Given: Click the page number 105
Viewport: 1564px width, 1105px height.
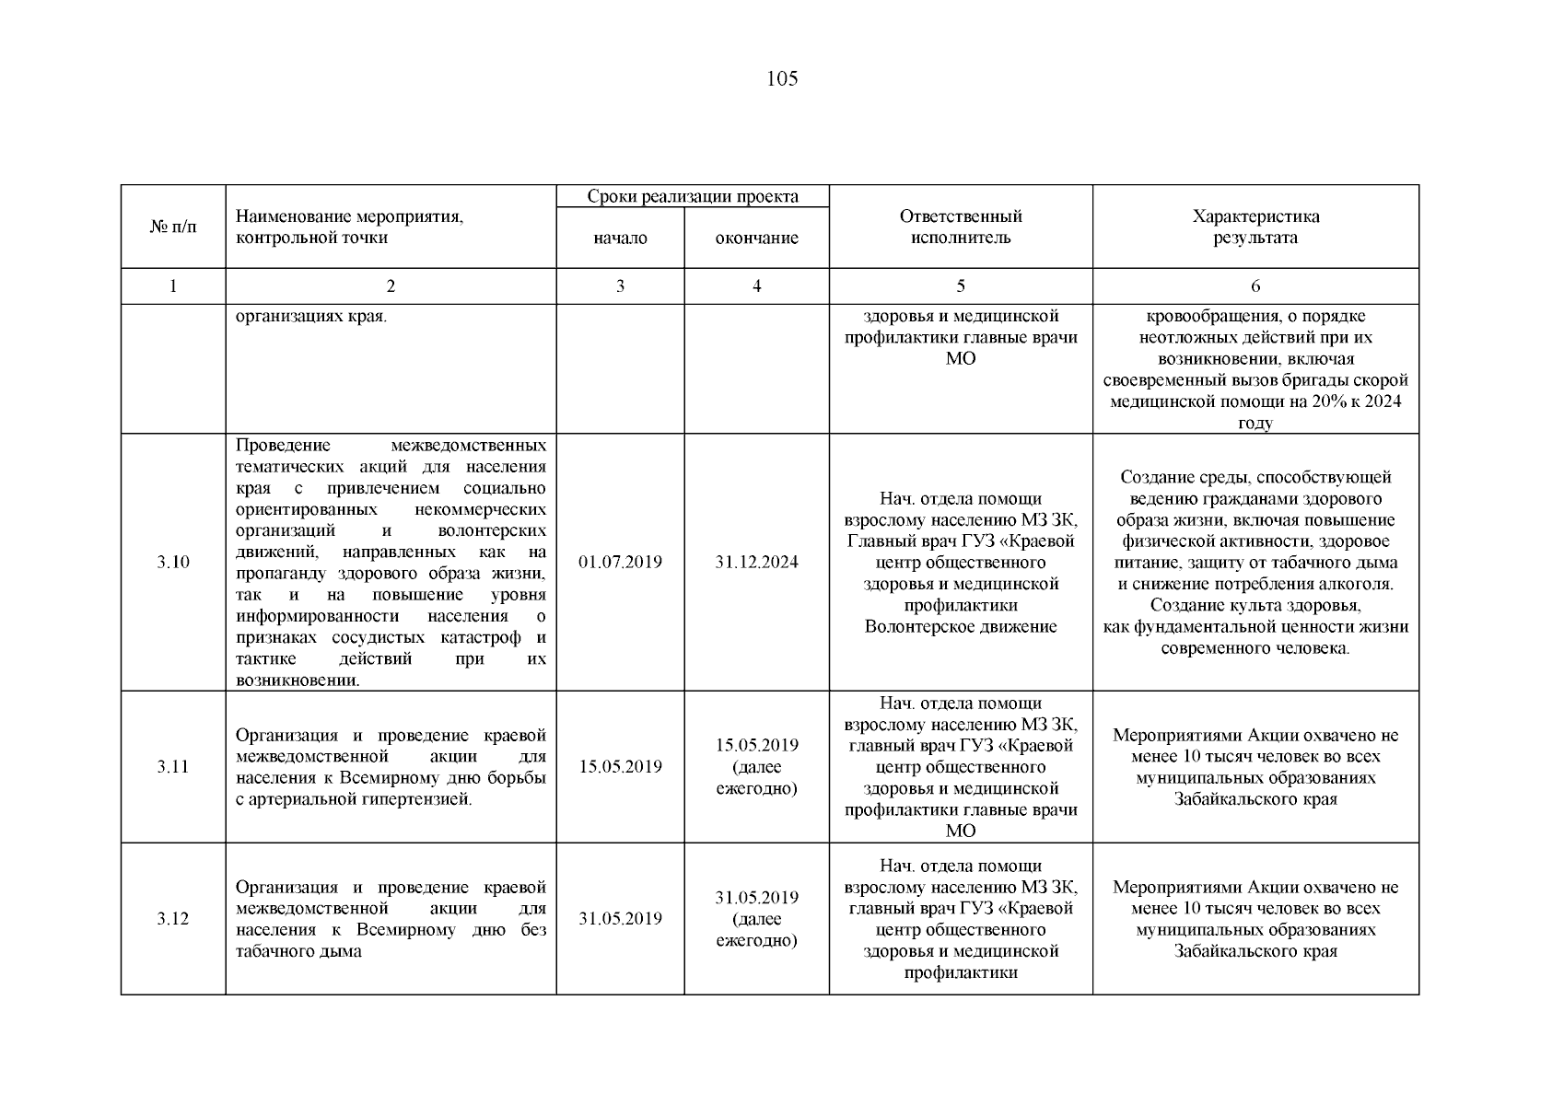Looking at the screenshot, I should (x=781, y=79).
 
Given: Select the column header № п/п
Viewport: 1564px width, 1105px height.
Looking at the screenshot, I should (x=173, y=227).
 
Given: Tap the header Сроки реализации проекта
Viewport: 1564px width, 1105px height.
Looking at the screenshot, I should (x=693, y=196).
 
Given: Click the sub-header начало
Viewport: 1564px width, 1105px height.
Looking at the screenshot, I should (x=620, y=238).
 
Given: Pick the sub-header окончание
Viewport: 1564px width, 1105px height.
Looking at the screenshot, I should (x=756, y=238).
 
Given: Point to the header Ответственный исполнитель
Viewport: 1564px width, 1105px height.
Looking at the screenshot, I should (x=961, y=227).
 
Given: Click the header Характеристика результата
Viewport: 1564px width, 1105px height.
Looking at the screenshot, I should (x=1255, y=227).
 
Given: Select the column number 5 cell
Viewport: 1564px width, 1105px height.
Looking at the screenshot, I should (x=961, y=286).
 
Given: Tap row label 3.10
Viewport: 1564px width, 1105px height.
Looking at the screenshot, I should (x=173, y=563).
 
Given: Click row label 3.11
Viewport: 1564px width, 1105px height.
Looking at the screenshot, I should (x=173, y=767).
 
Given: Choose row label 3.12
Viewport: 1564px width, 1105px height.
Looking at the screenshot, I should (x=173, y=919).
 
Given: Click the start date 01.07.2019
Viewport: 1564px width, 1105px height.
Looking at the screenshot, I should (x=620, y=563).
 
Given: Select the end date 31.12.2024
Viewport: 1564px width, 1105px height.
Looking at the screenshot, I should (x=756, y=563).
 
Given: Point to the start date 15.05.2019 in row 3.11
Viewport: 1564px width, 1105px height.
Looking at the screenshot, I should (x=620, y=767).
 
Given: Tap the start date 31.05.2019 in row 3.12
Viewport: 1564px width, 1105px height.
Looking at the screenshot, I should (x=620, y=919).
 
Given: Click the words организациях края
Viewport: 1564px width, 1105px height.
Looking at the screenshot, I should (x=311, y=317).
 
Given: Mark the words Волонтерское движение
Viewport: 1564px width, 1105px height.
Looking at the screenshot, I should (x=961, y=627).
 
